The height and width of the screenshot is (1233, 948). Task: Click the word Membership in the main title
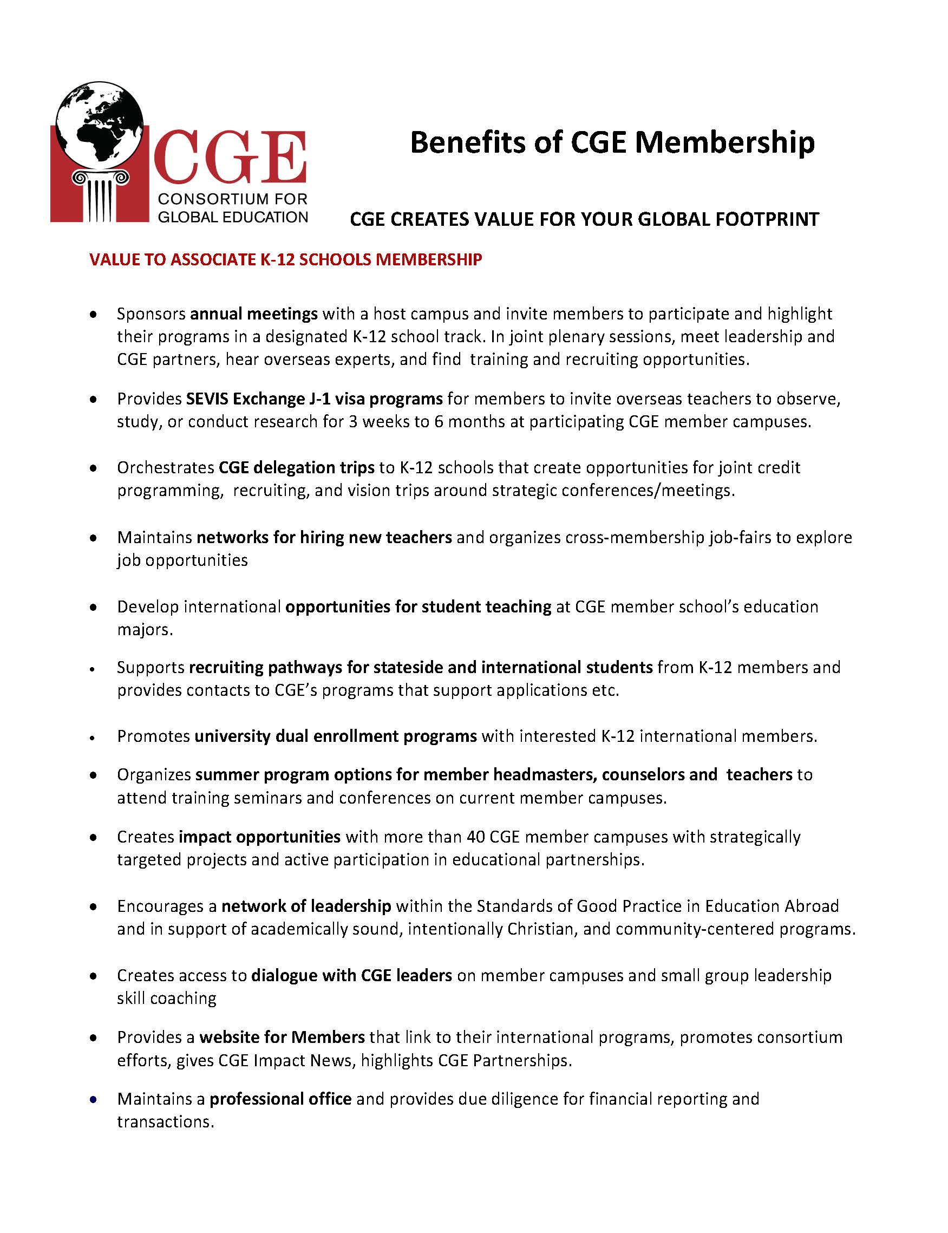725,142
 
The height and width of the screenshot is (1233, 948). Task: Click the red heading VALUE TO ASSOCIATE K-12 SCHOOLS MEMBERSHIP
285,259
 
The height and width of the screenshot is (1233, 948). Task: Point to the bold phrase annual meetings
254,313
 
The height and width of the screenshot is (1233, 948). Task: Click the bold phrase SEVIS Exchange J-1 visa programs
315,399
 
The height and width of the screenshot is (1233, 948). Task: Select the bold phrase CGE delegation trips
296,467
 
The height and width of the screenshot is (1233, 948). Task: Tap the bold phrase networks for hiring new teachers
324,537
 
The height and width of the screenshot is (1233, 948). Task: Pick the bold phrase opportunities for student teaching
418,606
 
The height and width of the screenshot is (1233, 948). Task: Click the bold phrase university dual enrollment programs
336,736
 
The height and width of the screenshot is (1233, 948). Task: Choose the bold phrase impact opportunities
259,836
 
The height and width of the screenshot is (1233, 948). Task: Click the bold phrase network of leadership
306,906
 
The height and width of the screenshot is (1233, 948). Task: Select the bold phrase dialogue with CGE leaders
351,975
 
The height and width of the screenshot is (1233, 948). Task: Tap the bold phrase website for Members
282,1037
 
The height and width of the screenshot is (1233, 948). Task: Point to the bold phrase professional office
280,1099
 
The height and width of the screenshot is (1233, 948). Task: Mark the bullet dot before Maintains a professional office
93,1099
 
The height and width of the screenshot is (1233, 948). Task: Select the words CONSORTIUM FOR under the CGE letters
232,199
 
